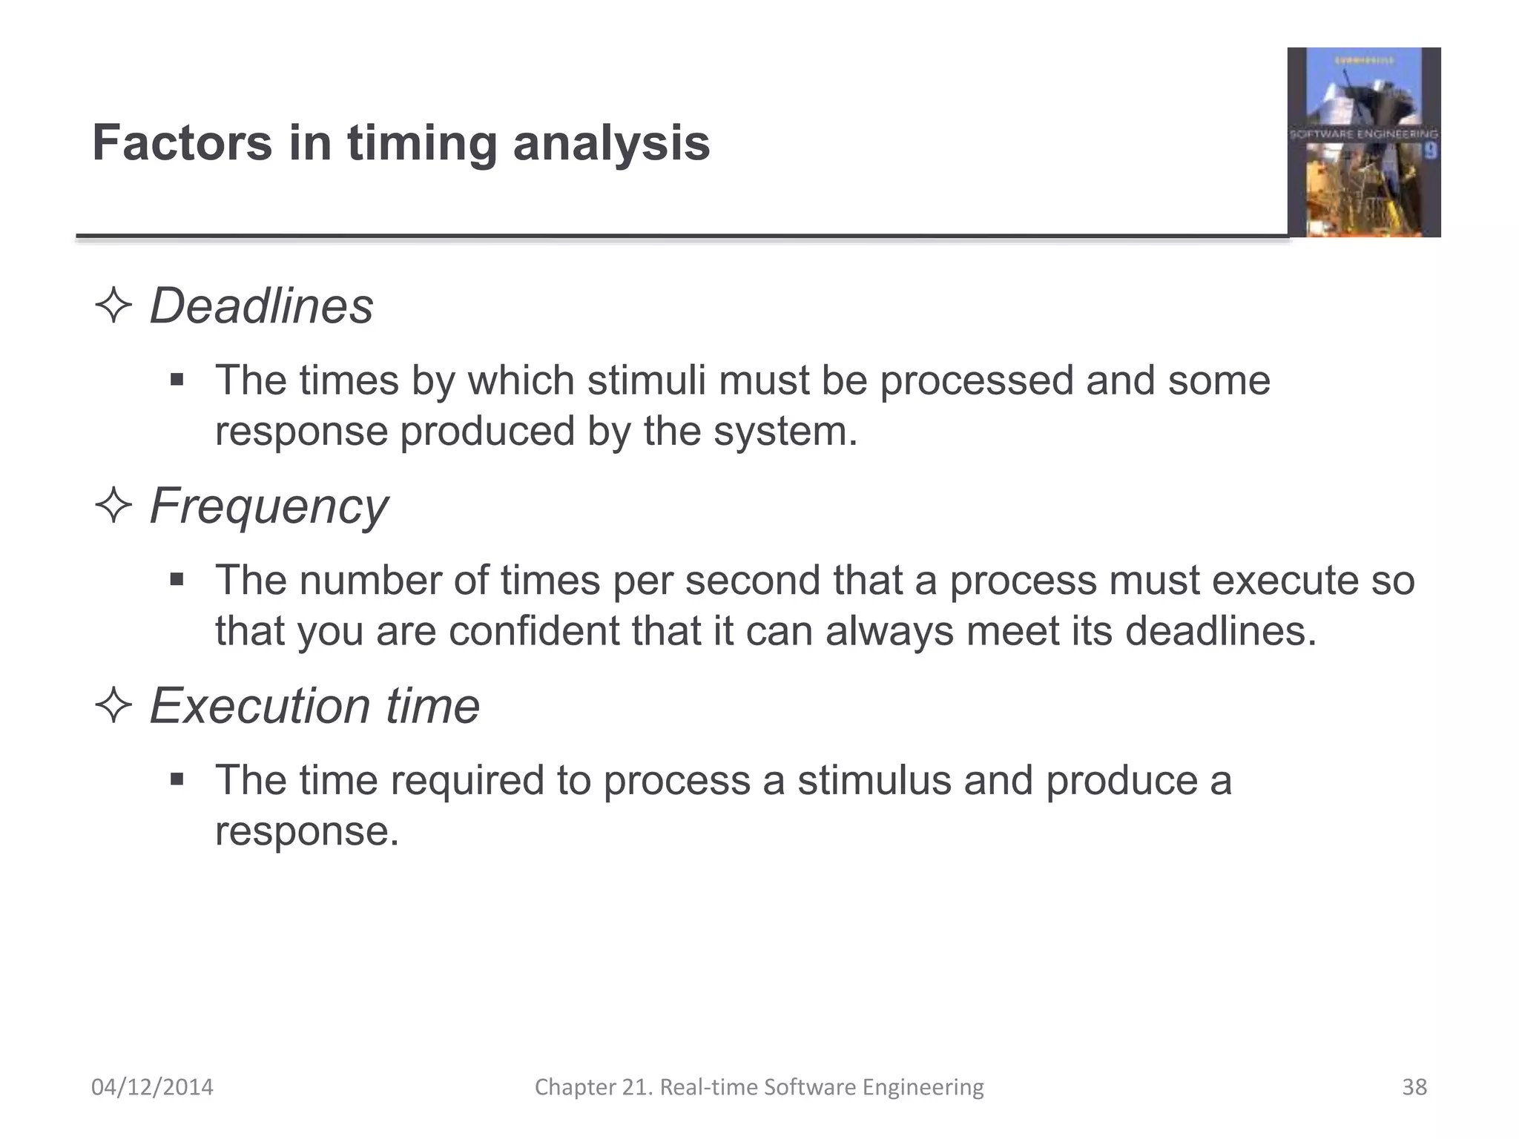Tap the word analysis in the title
pos(611,144)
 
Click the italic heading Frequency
pos(268,507)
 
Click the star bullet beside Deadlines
pos(113,306)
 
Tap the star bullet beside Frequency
pos(113,506)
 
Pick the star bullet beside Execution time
pos(113,705)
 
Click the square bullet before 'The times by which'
pos(177,380)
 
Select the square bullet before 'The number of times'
pos(177,579)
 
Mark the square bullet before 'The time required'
pos(177,779)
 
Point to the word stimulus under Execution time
pos(874,780)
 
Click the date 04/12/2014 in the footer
pos(152,1087)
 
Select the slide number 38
pos(1414,1087)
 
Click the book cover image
pos(1364,142)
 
